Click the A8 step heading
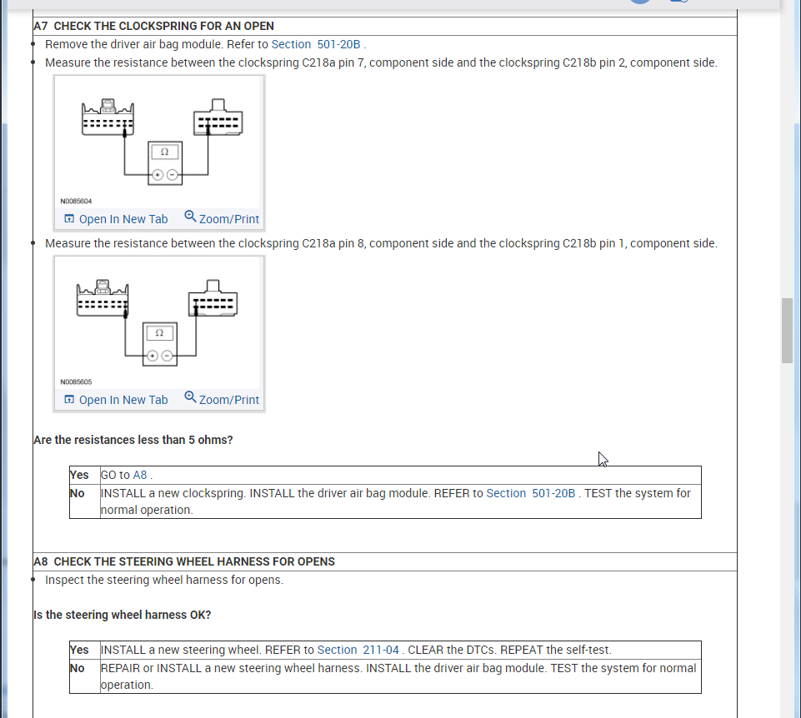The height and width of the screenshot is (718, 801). coord(184,561)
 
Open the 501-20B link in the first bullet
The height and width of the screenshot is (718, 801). coord(339,44)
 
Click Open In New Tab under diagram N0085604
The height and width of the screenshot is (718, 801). coord(116,219)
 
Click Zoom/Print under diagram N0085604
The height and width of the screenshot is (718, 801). coord(222,219)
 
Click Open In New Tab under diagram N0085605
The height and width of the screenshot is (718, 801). coord(116,400)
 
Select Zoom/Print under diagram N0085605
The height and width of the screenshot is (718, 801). coord(222,400)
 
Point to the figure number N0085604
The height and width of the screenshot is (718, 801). coord(76,202)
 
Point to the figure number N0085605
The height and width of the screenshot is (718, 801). coord(76,382)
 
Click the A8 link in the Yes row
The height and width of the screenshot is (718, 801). coord(140,475)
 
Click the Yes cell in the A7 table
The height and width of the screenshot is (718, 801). coord(80,475)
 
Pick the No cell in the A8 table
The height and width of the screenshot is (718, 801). coord(78,668)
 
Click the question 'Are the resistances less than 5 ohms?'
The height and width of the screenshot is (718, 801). coord(133,440)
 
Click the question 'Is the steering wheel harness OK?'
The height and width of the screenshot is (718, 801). coord(123,615)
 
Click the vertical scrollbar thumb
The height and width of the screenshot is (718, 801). coord(787,330)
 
